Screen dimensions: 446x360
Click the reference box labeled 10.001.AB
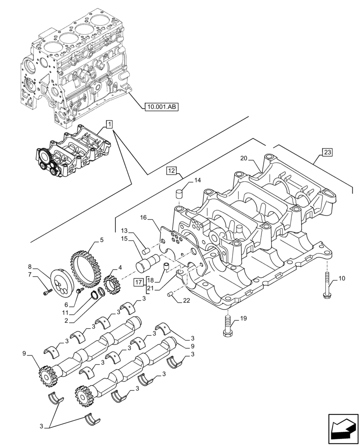point(160,106)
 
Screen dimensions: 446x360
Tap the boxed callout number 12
point(172,170)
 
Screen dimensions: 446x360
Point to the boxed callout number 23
point(327,153)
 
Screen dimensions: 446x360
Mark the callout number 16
point(143,217)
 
